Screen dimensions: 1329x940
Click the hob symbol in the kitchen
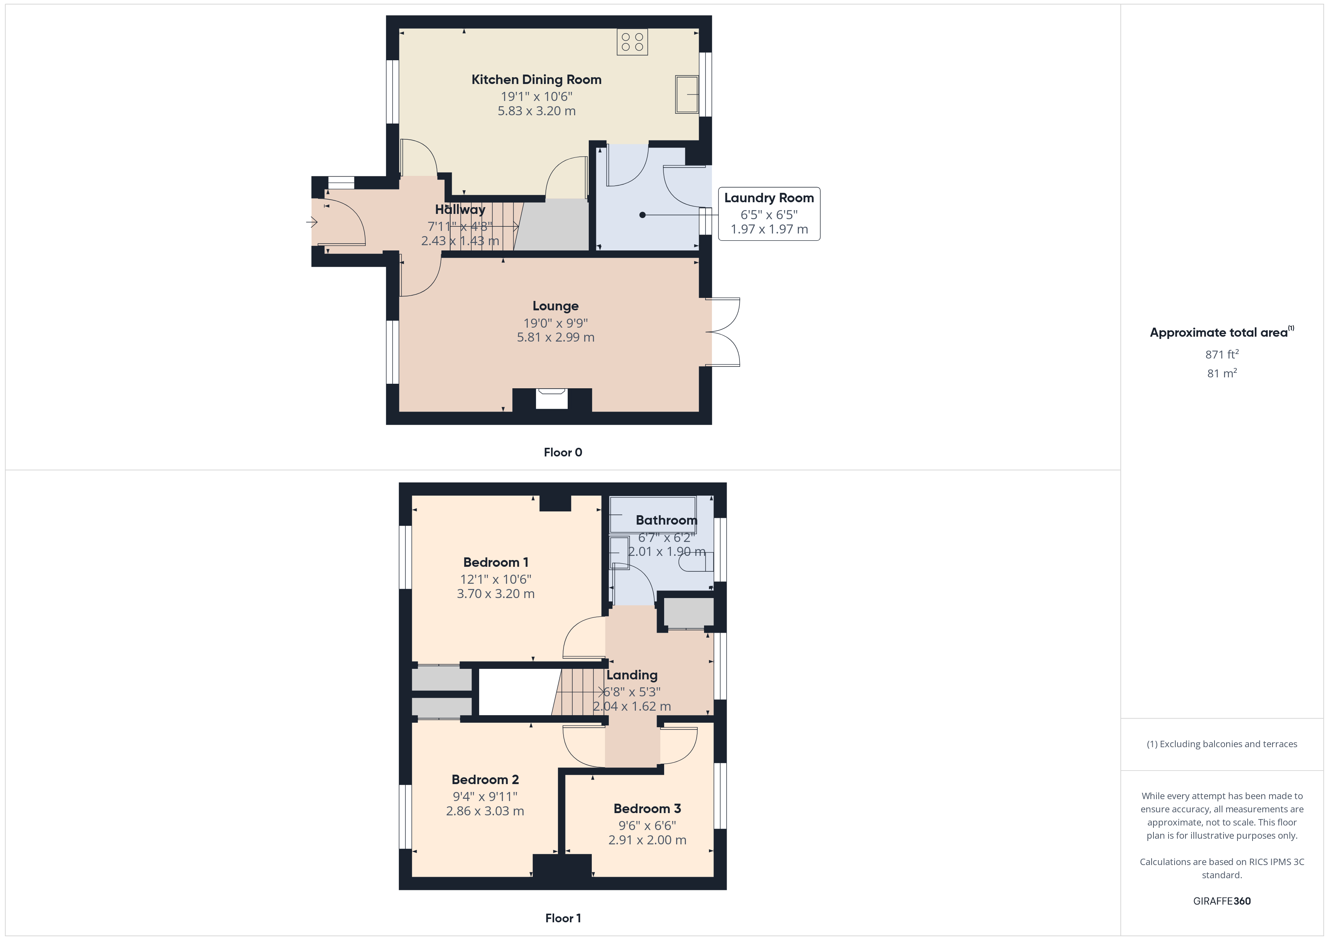tap(632, 42)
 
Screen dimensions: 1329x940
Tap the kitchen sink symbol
tap(687, 95)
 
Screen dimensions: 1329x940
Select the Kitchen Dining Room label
tap(536, 80)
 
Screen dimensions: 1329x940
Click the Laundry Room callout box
tap(769, 214)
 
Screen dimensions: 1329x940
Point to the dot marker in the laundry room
tap(642, 215)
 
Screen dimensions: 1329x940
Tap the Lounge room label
tap(556, 306)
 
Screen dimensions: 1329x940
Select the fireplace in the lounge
tap(551, 399)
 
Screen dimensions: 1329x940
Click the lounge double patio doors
tap(723, 332)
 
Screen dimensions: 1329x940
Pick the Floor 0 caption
tap(563, 453)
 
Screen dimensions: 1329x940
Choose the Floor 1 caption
tap(563, 918)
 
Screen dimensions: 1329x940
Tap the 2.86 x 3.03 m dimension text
tap(485, 811)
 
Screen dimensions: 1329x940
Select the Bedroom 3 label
tap(647, 809)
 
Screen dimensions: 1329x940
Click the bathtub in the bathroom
tap(653, 514)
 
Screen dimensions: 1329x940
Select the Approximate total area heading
tap(1221, 332)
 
